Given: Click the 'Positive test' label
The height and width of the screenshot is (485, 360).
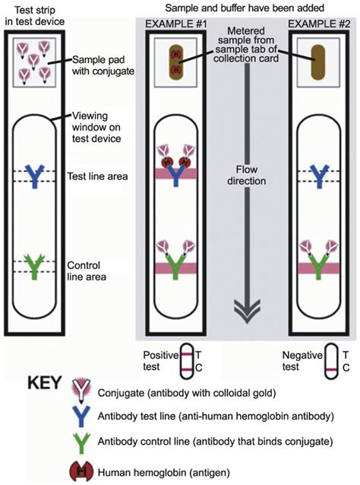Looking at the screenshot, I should tap(159, 360).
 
